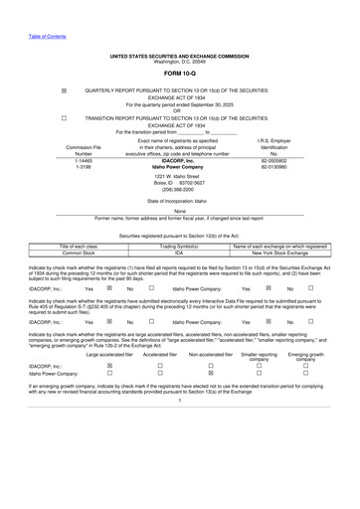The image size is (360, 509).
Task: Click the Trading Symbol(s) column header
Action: pyautogui.click(x=179, y=245)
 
